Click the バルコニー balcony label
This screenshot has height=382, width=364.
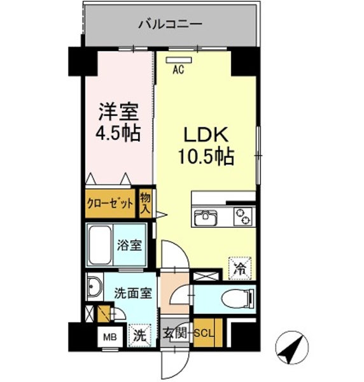pos(170,24)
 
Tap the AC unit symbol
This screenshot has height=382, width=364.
pos(179,60)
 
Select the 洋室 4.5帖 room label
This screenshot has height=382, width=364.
pos(118,122)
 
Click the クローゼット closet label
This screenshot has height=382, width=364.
pos(110,204)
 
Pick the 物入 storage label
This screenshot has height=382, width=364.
pos(145,204)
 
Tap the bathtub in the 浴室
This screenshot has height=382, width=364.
pos(99,245)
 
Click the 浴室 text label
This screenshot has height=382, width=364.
pos(129,245)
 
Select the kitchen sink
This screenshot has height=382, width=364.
pos(206,216)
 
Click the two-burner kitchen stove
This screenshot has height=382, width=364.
pos(244,216)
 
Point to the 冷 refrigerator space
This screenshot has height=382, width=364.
pos(240,269)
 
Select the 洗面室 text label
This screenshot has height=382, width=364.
pos(133,293)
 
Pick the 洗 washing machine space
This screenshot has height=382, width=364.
pos(140,336)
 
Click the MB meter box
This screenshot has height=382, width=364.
pos(110,337)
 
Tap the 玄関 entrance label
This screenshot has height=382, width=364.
pos(175,333)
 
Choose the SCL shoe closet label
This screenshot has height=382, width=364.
pos(204,333)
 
